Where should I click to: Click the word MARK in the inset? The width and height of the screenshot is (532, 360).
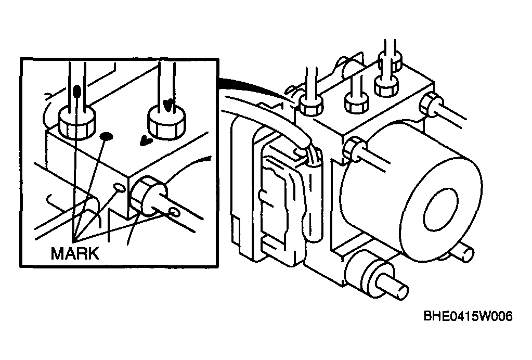point(75,253)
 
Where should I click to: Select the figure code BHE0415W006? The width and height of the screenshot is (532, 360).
point(468,316)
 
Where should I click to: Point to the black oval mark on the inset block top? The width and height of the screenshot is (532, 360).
point(107,136)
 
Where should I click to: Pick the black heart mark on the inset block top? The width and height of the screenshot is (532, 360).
point(146,140)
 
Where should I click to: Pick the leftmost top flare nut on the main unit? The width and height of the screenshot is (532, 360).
point(311,105)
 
